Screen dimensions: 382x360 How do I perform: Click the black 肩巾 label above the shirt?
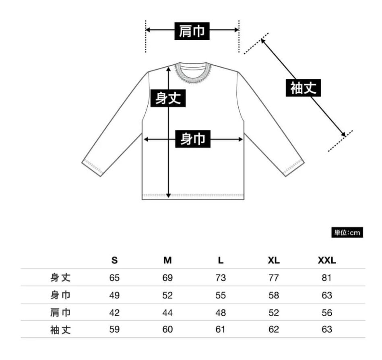pyautogui.click(x=192, y=31)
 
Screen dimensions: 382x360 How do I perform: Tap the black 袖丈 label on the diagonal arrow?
pyautogui.click(x=304, y=88)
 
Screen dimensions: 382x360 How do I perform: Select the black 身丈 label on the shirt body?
pyautogui.click(x=168, y=98)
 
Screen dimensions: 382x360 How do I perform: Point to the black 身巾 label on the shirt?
pyautogui.click(x=193, y=139)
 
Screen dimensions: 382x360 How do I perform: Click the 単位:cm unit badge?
pyautogui.click(x=347, y=232)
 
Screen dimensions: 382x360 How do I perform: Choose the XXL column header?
pyautogui.click(x=327, y=260)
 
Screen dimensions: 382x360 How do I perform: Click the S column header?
pyautogui.click(x=114, y=260)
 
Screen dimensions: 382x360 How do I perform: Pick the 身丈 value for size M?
pyautogui.click(x=167, y=278)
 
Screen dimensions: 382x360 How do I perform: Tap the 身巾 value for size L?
pyautogui.click(x=221, y=295)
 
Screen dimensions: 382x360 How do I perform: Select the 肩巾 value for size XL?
pyautogui.click(x=274, y=313)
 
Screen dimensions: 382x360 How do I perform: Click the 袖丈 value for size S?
pyautogui.click(x=114, y=329)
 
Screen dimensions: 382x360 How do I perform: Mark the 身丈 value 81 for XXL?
pyautogui.click(x=326, y=278)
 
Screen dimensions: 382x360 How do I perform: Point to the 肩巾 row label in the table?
pyautogui.click(x=60, y=313)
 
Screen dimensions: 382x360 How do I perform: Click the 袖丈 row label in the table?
pyautogui.click(x=60, y=330)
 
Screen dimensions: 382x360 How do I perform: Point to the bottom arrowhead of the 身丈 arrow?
pyautogui.click(x=168, y=195)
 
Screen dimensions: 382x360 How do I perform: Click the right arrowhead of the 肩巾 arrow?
pyautogui.click(x=236, y=30)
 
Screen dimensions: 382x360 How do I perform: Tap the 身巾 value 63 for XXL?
pyautogui.click(x=327, y=295)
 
